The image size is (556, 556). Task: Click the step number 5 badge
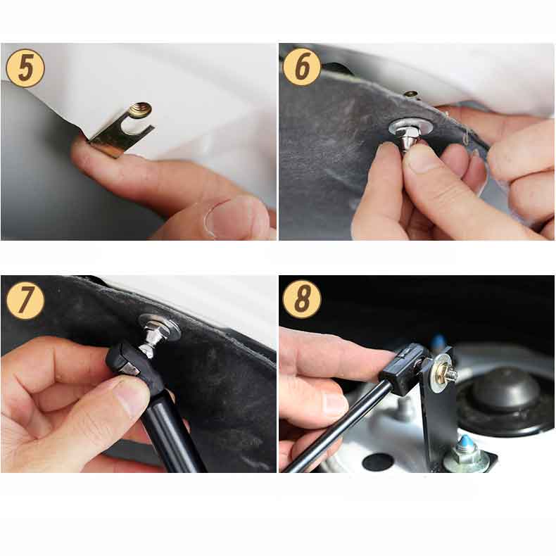25,68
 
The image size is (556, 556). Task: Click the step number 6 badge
302,67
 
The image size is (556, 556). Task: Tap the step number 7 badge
25,300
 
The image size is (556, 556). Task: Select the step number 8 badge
302,299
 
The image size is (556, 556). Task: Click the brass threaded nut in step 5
140,110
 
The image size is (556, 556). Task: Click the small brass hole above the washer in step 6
410,94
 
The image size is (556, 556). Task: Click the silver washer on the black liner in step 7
160,326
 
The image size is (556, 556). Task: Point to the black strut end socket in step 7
132,365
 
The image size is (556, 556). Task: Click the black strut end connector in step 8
404,369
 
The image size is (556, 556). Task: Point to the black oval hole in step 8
378,461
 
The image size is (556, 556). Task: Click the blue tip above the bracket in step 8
439,341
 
